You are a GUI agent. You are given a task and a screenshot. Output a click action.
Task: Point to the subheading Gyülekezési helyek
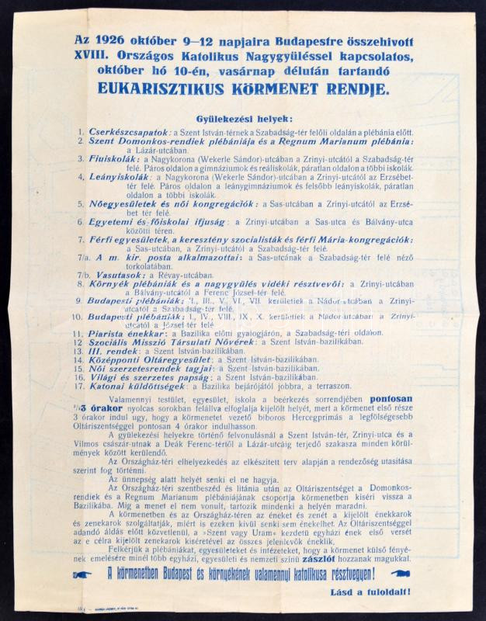[x=244, y=119]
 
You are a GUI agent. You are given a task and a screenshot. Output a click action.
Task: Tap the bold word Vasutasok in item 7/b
[x=123, y=275]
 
